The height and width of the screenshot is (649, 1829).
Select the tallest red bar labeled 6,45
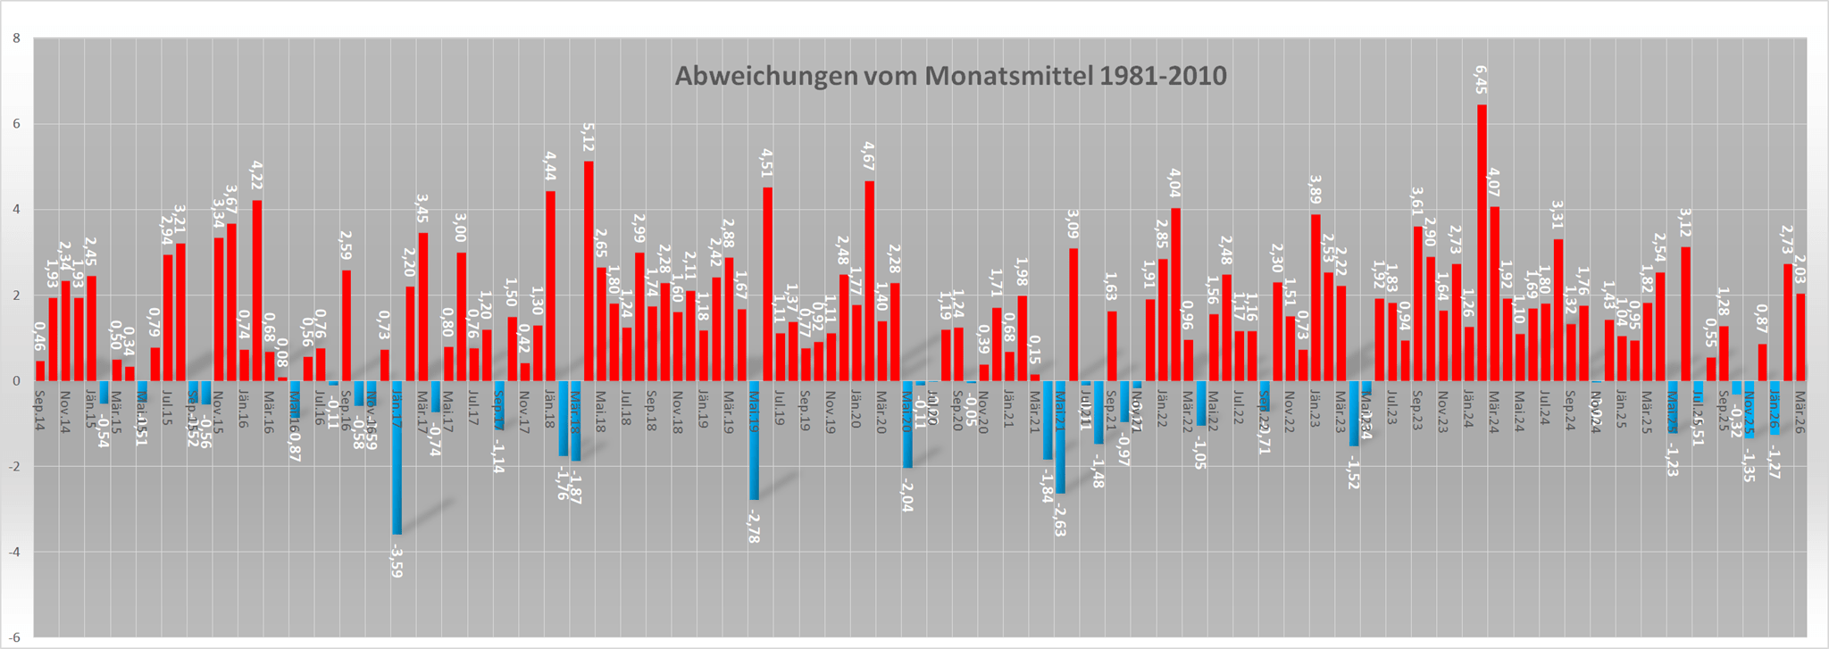click(1482, 241)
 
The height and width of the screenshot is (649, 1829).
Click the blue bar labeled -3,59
click(397, 457)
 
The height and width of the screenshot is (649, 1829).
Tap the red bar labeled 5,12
click(589, 270)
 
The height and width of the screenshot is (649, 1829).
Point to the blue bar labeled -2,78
click(754, 440)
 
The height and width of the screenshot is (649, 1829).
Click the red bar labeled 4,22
click(257, 290)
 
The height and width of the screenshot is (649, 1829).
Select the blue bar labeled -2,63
click(1060, 437)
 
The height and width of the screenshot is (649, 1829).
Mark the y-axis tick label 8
click(16, 39)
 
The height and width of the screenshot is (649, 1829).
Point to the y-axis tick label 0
click(16, 381)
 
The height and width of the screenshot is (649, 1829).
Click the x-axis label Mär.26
click(1800, 400)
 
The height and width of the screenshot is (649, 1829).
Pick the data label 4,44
click(550, 169)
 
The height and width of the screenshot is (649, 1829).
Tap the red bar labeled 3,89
click(1315, 297)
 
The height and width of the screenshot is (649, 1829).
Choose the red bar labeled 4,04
click(1175, 295)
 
